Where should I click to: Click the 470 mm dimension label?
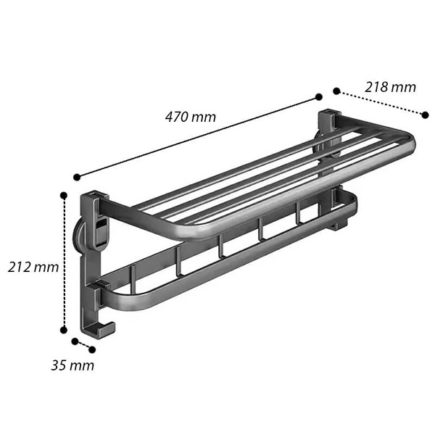point(190,117)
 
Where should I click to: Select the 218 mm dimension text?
point(390,87)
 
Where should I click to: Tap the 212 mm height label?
point(33,267)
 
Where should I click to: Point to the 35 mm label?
point(72,365)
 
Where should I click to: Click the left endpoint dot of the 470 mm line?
point(77,178)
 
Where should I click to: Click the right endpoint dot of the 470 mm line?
point(319,97)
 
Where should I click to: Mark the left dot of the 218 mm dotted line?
point(336,91)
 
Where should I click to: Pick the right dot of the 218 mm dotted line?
point(425,115)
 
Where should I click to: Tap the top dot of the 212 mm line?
point(64,196)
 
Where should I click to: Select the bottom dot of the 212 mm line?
point(64,330)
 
